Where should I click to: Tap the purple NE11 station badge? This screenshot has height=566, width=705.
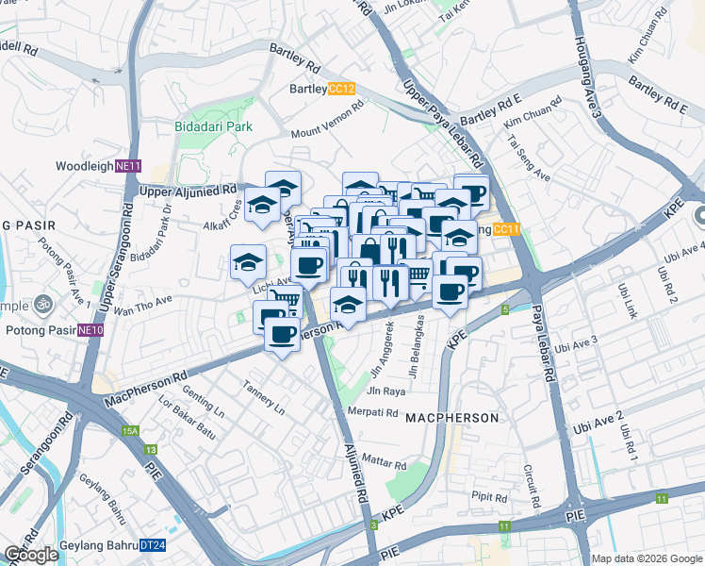tap(128, 166)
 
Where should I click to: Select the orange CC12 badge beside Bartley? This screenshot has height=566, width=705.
tap(341, 90)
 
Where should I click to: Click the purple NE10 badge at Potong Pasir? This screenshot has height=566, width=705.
tap(90, 330)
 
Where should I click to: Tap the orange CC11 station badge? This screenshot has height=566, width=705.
tap(506, 228)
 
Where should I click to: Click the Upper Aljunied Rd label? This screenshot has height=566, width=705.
tap(188, 191)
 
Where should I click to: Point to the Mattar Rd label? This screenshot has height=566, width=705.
tap(384, 464)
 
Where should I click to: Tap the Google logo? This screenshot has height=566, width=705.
tap(31, 555)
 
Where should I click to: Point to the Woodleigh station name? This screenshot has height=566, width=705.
tap(85, 166)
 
